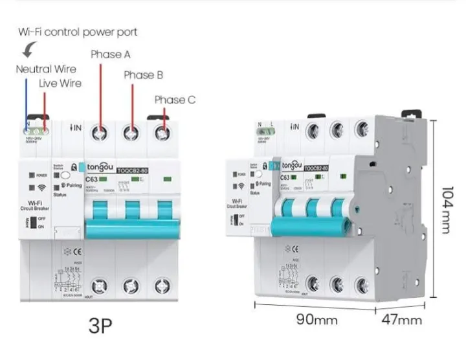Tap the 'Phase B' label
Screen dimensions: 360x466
pos(144,75)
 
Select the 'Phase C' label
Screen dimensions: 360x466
pos(175,100)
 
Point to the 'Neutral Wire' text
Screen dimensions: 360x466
pos(46,69)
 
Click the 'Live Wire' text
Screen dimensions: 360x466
pos(60,83)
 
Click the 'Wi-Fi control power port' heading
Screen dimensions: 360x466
pos(78,32)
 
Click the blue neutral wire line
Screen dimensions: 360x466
pos(27,97)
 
